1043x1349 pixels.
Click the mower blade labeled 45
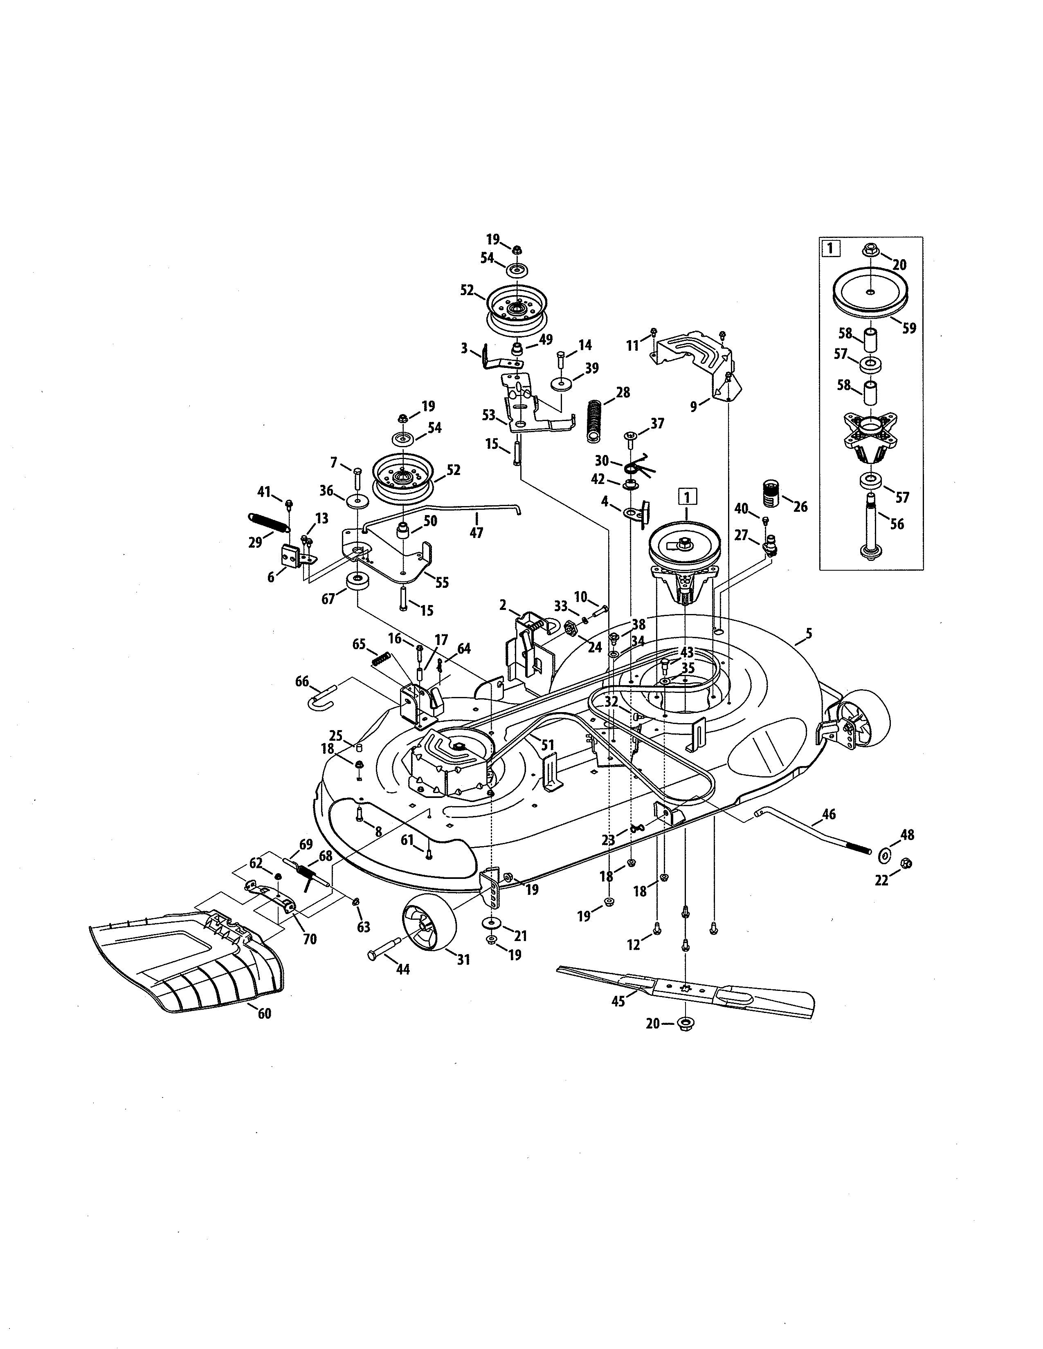click(x=686, y=989)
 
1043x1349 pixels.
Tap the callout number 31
click(x=463, y=959)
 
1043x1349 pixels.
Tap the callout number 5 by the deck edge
click(x=809, y=633)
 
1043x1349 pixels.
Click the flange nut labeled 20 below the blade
click(x=686, y=1024)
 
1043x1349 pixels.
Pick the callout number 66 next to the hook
click(x=302, y=681)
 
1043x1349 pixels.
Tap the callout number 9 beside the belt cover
click(x=694, y=406)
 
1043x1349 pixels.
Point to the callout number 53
click(x=489, y=415)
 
